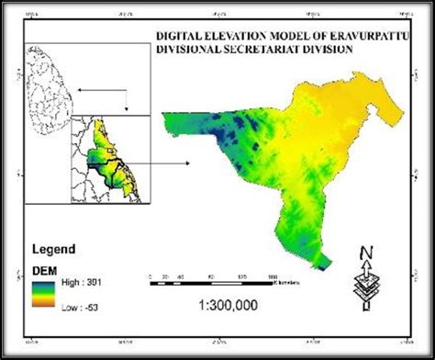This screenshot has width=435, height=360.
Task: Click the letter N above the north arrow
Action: tap(364, 253)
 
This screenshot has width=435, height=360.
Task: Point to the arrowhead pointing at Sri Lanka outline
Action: tap(77, 90)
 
